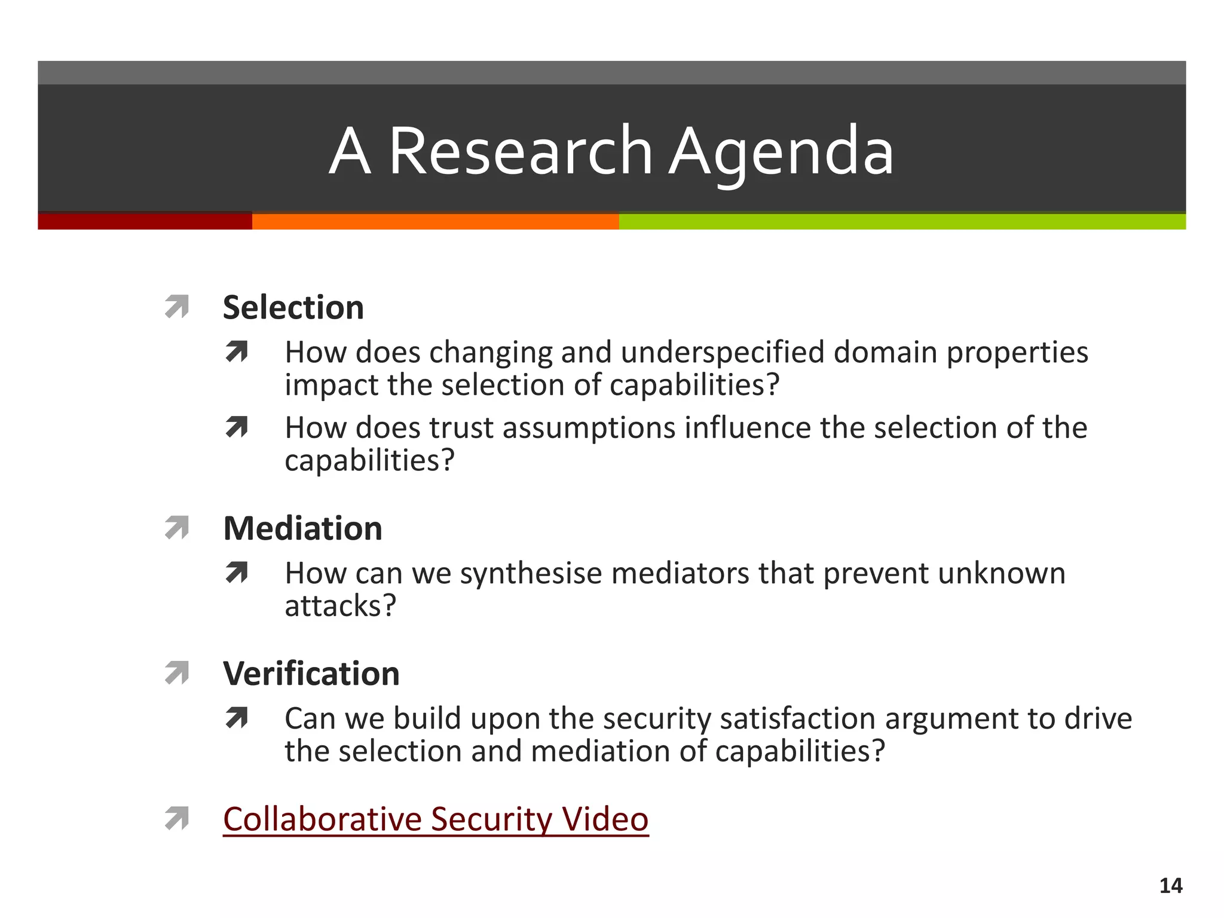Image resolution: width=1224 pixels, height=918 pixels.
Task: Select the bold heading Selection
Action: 293,308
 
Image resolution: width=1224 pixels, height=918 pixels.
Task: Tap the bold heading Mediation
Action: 302,529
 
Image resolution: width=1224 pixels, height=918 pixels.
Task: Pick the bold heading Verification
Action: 311,674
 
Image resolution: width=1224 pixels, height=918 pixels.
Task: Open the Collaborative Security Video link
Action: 436,819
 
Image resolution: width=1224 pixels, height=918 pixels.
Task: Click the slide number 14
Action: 1170,886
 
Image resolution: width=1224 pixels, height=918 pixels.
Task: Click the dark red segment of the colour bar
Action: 145,221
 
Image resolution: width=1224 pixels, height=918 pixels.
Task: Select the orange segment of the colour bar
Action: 435,221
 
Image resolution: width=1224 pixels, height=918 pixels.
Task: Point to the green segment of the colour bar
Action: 901,221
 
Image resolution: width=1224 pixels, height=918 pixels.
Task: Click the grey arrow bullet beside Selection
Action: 177,307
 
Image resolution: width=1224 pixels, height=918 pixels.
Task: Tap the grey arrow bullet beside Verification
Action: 177,674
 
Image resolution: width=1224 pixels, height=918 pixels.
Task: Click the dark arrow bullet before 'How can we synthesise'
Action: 237,573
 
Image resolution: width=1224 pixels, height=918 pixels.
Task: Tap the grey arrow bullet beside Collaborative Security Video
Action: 177,819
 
